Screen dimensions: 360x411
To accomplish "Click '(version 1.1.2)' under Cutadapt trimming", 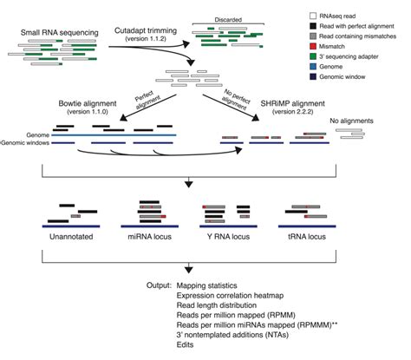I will point(148,39).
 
